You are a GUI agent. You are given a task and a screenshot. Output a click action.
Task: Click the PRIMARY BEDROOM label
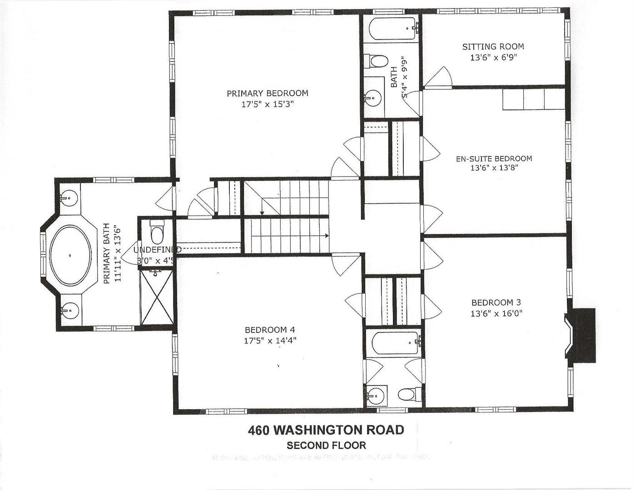[267, 93]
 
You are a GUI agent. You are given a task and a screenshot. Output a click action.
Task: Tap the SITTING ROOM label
[493, 47]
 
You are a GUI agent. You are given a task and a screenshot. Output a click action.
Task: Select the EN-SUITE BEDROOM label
[494, 159]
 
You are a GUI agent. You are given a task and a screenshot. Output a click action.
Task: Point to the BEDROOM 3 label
[496, 303]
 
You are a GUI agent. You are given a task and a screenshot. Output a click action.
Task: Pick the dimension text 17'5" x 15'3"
[267, 104]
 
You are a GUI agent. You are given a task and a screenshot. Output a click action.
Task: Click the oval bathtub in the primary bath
[70, 255]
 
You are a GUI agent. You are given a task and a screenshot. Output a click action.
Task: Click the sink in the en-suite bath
[373, 97]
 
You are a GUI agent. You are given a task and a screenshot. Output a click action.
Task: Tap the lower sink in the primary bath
[69, 311]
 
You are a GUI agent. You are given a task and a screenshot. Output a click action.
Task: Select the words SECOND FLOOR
[326, 446]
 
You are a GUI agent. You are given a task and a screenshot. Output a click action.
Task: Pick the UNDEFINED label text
[157, 250]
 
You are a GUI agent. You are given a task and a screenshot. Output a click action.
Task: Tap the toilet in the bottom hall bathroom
[407, 394]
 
